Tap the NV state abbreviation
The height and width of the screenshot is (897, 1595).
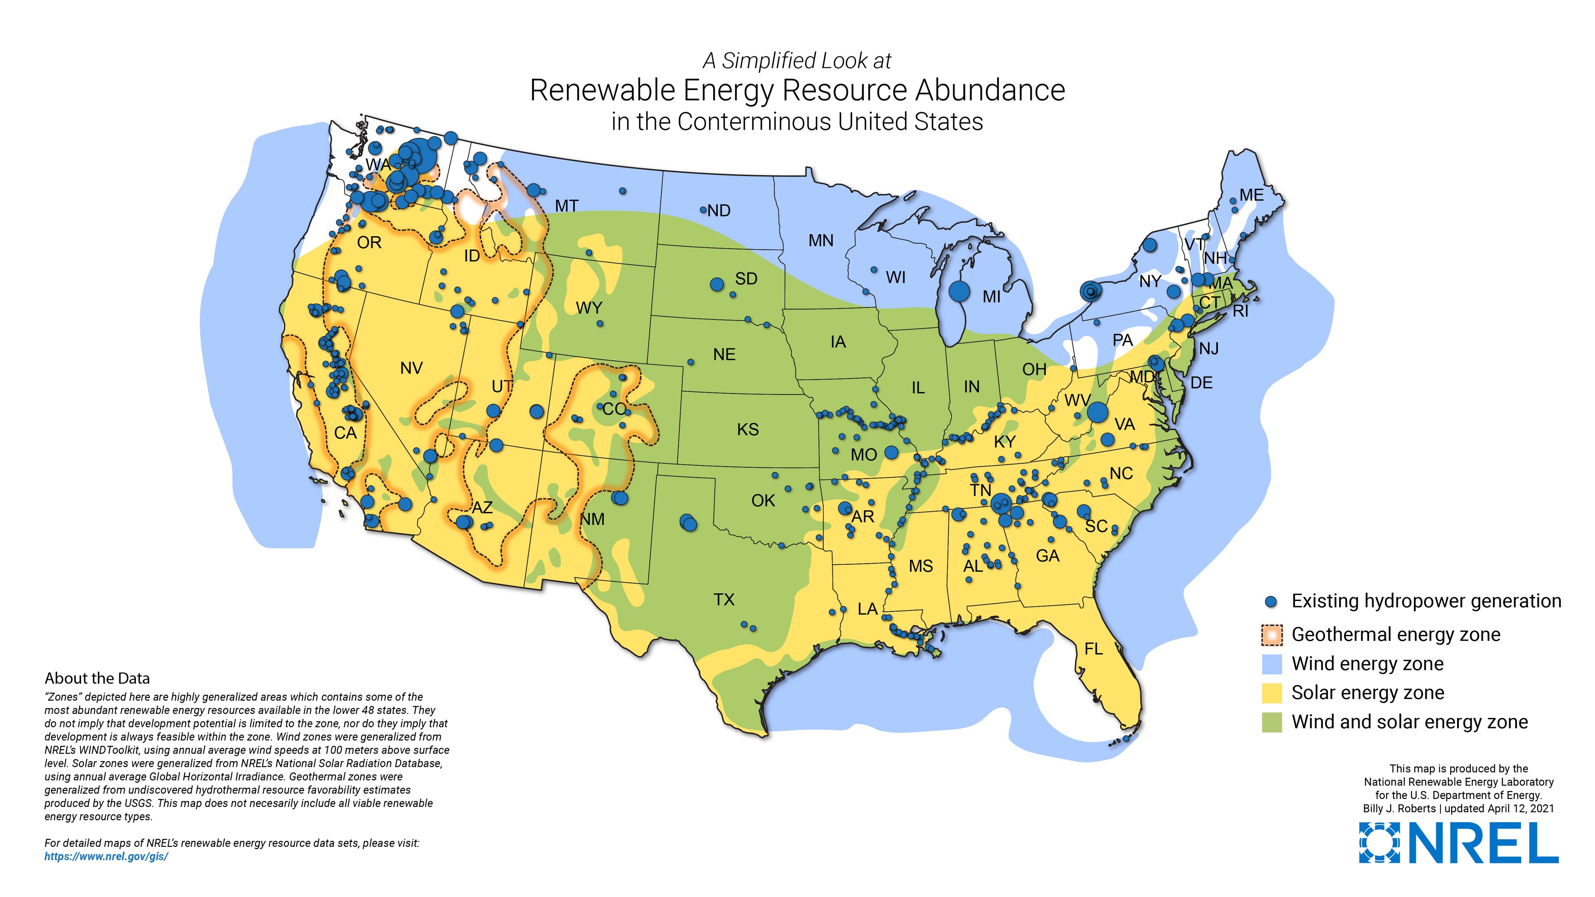click(x=411, y=368)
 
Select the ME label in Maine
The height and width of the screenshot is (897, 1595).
click(x=1251, y=195)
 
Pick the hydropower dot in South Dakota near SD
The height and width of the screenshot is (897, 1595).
click(x=717, y=284)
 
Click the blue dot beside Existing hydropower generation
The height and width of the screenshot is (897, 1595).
click(x=1271, y=602)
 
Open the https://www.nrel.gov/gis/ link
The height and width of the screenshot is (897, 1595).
click(x=106, y=857)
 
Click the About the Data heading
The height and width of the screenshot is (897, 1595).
click(x=97, y=679)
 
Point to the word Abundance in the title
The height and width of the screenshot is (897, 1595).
click(x=990, y=91)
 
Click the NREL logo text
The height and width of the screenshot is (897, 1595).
click(x=1484, y=843)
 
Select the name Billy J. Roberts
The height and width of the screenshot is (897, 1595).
click(x=1399, y=809)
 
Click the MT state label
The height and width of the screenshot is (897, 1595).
click(x=567, y=206)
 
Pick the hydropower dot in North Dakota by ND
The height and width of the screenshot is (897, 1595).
click(x=703, y=210)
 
